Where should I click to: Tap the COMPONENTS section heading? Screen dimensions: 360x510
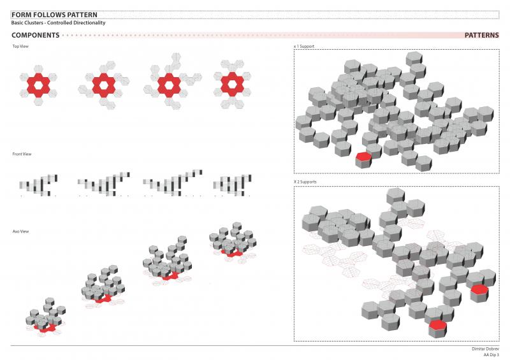pyautogui.click(x=36, y=36)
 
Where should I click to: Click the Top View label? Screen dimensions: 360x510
pyautogui.click(x=20, y=47)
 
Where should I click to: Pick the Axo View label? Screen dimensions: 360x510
pyautogui.click(x=20, y=231)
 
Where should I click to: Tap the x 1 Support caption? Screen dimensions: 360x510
pyautogui.click(x=303, y=47)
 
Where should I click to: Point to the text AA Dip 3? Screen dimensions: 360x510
pyautogui.click(x=490, y=355)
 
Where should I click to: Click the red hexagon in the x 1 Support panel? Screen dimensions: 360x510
pyautogui.click(x=363, y=156)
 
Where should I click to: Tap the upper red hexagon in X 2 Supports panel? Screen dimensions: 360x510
pyautogui.click(x=479, y=289)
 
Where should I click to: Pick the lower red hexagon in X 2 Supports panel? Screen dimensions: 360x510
pyautogui.click(x=437, y=326)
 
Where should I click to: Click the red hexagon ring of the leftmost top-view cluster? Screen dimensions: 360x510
pyautogui.click(x=38, y=83)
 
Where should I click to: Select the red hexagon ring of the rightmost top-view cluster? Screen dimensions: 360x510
pyautogui.click(x=235, y=83)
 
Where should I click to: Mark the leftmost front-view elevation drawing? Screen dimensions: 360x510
pyautogui.click(x=38, y=184)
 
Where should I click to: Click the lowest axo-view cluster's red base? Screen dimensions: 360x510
pyautogui.click(x=46, y=328)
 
